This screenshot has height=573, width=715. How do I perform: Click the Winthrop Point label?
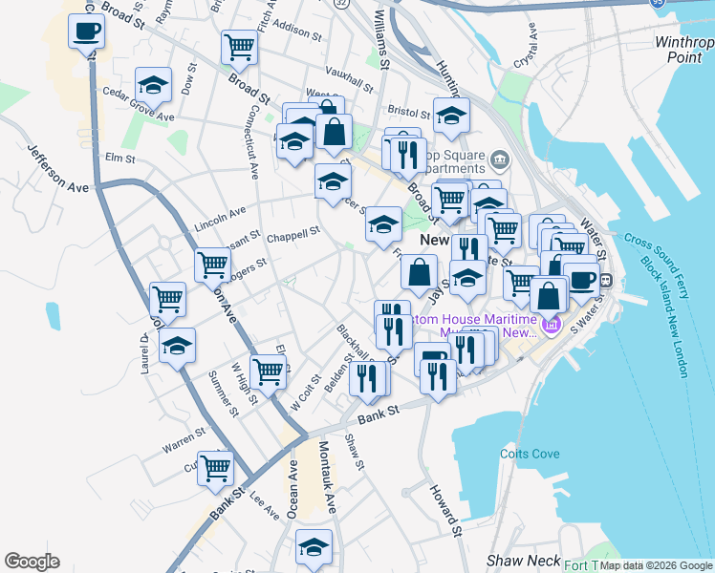tap(684, 50)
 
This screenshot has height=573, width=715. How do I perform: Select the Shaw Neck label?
tap(516, 560)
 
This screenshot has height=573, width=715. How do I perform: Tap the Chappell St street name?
tap(292, 233)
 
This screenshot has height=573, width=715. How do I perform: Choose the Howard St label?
tap(445, 511)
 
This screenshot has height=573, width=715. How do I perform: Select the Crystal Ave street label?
tap(525, 55)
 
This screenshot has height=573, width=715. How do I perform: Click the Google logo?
tap(32, 562)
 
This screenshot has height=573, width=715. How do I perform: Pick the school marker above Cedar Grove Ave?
tap(153, 86)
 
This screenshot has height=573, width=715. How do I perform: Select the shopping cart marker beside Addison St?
tap(239, 45)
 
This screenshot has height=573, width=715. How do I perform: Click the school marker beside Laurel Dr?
tap(177, 346)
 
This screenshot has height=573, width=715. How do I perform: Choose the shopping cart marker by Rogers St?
tap(212, 264)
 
